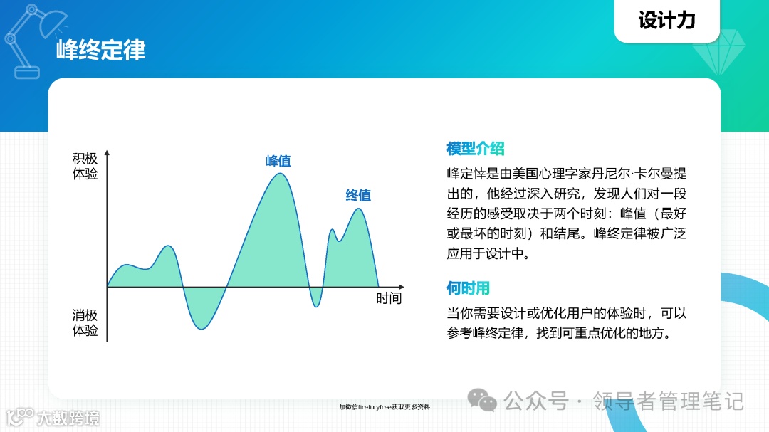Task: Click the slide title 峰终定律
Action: click(x=100, y=50)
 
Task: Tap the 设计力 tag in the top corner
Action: click(x=666, y=21)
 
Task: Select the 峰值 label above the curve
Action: click(x=278, y=161)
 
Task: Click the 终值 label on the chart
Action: click(x=358, y=195)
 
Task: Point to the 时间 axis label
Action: click(x=389, y=298)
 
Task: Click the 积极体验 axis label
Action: click(x=85, y=167)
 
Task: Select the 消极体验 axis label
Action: click(x=85, y=322)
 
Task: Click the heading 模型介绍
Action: click(x=475, y=149)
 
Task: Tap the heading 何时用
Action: click(x=468, y=288)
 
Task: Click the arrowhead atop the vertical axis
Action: click(x=107, y=153)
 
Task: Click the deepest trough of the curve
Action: click(x=202, y=330)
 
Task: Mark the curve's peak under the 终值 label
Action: click(x=360, y=209)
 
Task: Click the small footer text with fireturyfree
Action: click(x=384, y=407)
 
